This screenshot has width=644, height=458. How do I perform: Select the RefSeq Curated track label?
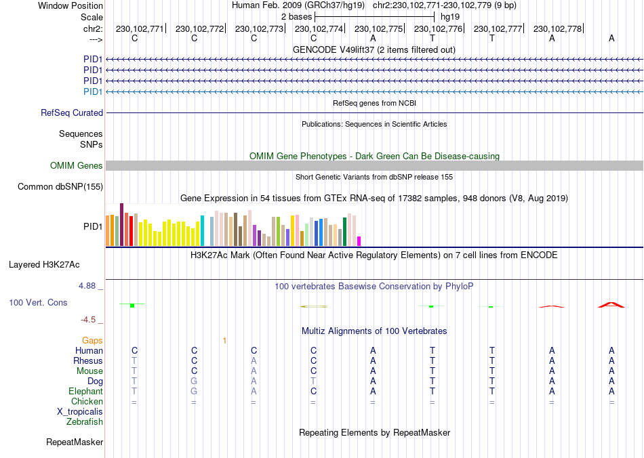[72, 113]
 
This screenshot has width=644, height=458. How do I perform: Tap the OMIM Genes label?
[77, 166]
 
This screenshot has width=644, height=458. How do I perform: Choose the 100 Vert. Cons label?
[38, 302]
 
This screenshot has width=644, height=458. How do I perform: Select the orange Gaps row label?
[92, 340]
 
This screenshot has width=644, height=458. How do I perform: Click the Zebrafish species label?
[85, 422]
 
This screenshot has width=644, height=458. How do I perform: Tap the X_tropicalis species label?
[80, 412]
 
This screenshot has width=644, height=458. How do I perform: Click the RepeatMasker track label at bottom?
[75, 442]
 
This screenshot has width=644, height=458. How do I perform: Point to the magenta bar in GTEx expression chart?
[359, 241]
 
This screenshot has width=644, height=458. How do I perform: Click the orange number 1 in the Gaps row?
[224, 340]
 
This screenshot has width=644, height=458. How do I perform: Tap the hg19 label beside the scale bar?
[450, 16]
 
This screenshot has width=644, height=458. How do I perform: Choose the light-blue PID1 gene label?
[93, 91]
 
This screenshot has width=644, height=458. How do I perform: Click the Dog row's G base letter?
[194, 381]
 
